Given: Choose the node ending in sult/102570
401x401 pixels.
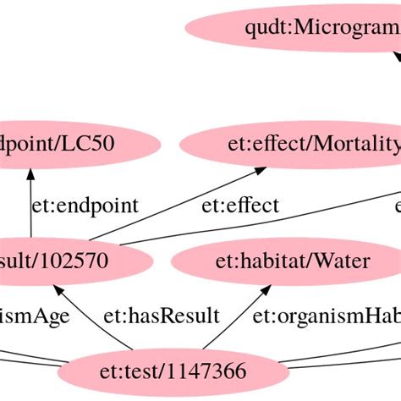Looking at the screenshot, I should click(x=59, y=261).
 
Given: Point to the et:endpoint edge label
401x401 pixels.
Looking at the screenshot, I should click(x=85, y=206).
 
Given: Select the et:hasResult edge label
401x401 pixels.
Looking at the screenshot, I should click(x=161, y=317).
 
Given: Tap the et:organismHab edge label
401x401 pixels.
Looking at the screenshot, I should click(x=326, y=317).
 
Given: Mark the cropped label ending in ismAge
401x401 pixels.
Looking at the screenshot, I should click(x=34, y=317).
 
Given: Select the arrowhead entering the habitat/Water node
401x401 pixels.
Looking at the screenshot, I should click(x=265, y=289).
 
